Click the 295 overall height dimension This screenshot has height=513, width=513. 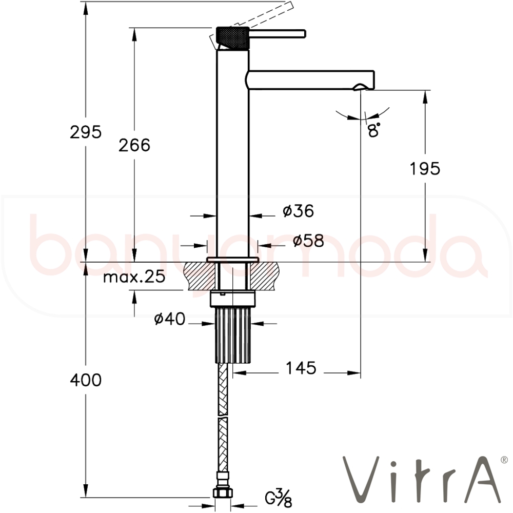(86, 132)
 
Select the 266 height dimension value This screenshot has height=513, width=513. (134, 145)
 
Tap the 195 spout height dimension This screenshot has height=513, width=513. (425, 169)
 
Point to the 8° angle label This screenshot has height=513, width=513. (373, 130)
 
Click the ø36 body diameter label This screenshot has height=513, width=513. (299, 211)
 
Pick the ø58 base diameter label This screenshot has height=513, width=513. (308, 241)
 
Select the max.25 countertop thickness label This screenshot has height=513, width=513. (134, 278)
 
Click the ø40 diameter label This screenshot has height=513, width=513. (169, 319)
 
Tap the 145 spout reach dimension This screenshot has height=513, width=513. (301, 368)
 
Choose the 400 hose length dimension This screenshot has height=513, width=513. (86, 380)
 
